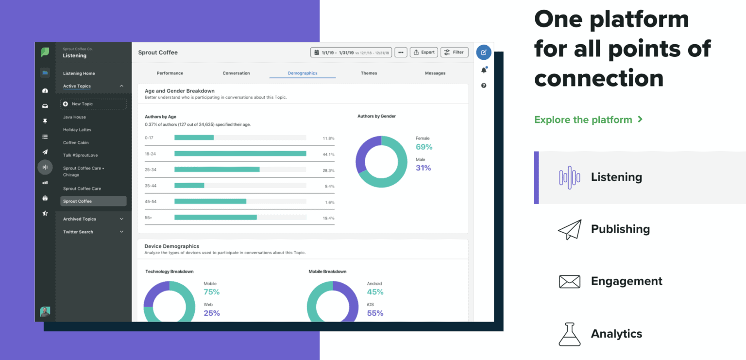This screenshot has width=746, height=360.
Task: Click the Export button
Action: click(x=424, y=52)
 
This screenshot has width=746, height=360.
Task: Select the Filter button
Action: click(x=454, y=52)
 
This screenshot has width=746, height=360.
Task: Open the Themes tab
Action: click(x=369, y=73)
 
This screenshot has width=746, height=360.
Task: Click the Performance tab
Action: click(x=170, y=73)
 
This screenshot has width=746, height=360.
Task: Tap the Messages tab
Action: click(x=435, y=73)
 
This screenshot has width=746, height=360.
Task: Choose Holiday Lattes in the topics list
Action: click(x=77, y=130)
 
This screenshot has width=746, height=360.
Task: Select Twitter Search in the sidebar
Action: click(x=78, y=232)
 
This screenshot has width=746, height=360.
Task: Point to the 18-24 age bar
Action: click(x=240, y=154)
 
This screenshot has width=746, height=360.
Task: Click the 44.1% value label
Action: click(x=328, y=154)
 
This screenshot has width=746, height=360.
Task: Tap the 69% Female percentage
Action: click(x=424, y=147)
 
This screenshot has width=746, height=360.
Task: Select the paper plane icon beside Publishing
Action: click(x=570, y=229)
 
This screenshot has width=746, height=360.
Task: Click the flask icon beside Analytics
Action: click(x=570, y=334)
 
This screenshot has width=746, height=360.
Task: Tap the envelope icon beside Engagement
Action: click(x=570, y=281)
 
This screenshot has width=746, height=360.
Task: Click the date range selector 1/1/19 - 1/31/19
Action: click(x=351, y=52)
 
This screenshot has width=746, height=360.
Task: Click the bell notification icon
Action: click(x=484, y=70)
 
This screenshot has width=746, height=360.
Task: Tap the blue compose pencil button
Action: click(x=484, y=52)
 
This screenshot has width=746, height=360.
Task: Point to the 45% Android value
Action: click(x=375, y=292)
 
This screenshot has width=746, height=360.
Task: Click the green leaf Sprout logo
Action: click(x=45, y=52)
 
